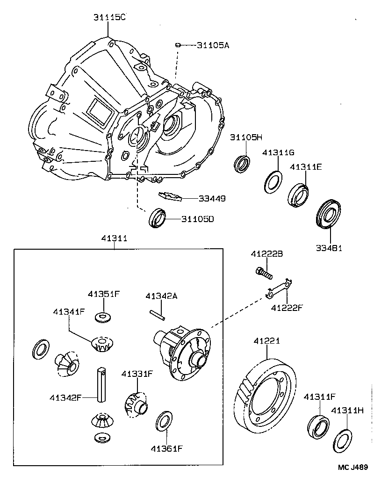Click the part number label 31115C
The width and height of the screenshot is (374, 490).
pos(109,17)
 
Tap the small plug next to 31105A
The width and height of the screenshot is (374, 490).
pos(178,45)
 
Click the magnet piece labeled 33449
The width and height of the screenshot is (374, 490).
pos(170,196)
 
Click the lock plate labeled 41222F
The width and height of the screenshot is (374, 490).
pos(278,289)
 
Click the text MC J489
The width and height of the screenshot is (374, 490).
pos(354,467)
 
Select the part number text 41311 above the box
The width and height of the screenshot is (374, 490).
pos(114,238)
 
